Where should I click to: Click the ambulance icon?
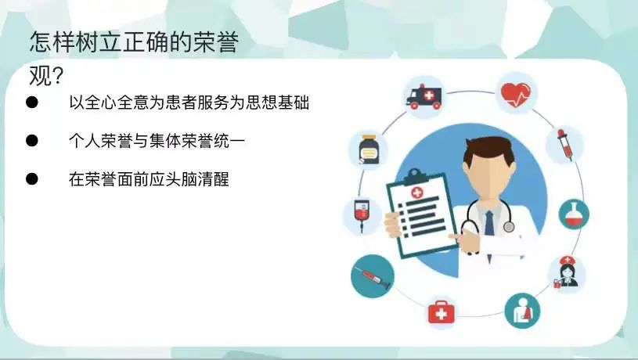(424, 97)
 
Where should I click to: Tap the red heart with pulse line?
(516, 95)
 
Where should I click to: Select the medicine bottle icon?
(369, 149)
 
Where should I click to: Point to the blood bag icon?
(362, 214)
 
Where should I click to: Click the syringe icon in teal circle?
(373, 276)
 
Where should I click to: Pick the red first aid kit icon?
(441, 312)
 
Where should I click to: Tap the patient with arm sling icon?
(522, 311)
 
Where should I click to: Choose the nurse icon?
(567, 272)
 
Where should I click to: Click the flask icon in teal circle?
(574, 214)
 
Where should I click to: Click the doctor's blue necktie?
(489, 223)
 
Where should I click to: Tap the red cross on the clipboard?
(416, 193)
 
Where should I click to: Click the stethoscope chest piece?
(508, 226)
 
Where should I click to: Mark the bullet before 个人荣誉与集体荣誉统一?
(32, 141)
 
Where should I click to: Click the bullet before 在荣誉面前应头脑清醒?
(32, 178)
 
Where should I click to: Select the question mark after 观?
(58, 76)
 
